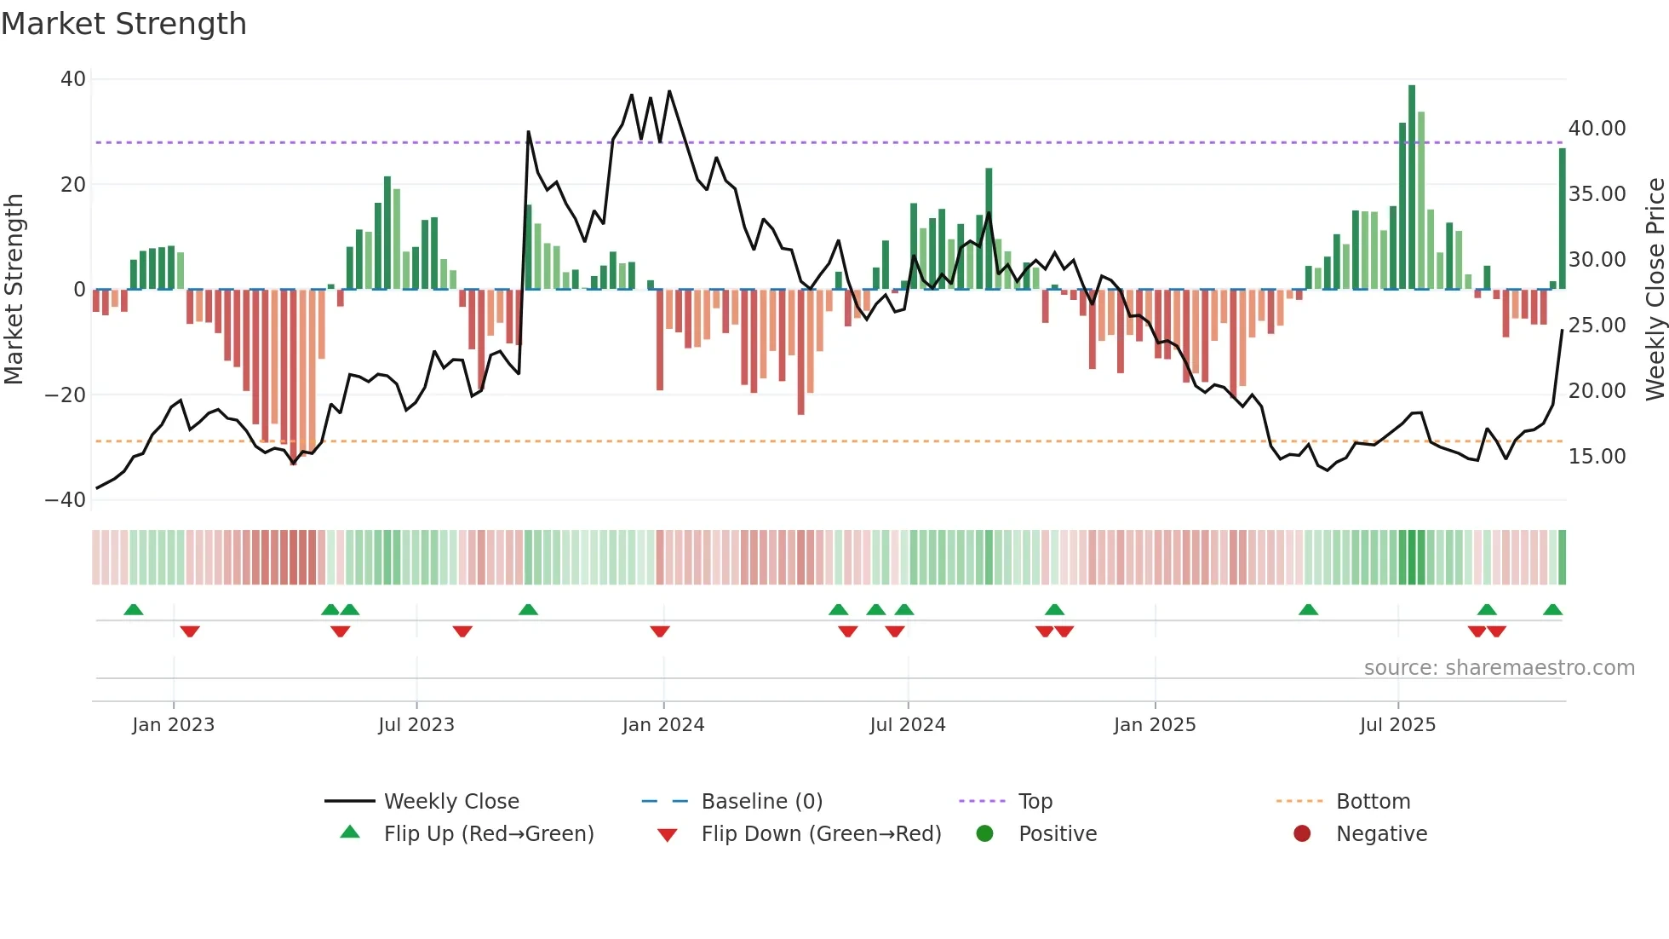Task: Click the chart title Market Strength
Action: pyautogui.click(x=123, y=24)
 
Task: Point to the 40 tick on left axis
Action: pyautogui.click(x=73, y=79)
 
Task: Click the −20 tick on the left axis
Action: pyautogui.click(x=66, y=395)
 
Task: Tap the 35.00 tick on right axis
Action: pyautogui.click(x=1597, y=194)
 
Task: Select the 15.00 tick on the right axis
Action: pyautogui.click(x=1597, y=457)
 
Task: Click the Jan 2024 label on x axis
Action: pyautogui.click(x=663, y=725)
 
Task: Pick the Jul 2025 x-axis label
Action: pyautogui.click(x=1397, y=725)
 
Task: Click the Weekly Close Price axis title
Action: pyautogui.click(x=1655, y=290)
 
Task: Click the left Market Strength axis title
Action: pyautogui.click(x=14, y=290)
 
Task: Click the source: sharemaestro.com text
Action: pyautogui.click(x=1499, y=668)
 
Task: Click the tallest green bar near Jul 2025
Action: pyautogui.click(x=1412, y=187)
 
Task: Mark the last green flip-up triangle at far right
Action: pyautogui.click(x=1552, y=610)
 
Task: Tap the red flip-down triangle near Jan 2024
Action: pyautogui.click(x=660, y=631)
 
